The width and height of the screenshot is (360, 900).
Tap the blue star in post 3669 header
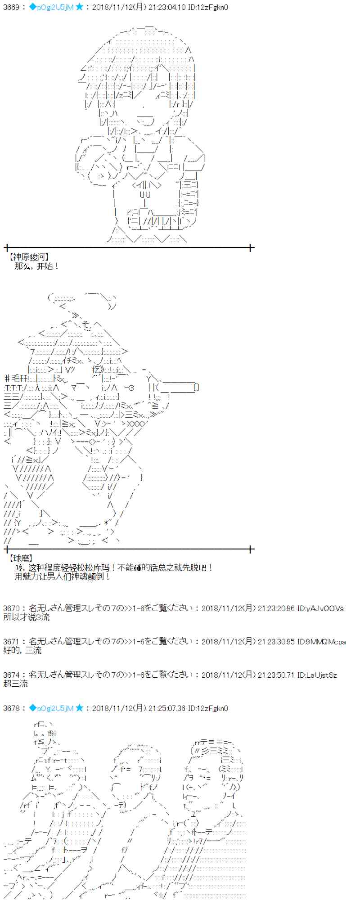click(x=79, y=7)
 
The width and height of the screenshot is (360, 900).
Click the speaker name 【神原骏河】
click(x=28, y=257)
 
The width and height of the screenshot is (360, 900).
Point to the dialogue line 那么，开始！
click(x=37, y=266)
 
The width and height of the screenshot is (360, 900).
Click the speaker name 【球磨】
click(x=21, y=558)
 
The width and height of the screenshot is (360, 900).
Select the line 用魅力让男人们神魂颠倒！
click(x=62, y=576)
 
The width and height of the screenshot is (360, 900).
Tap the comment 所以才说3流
click(x=27, y=617)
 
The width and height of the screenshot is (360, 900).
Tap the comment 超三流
click(x=15, y=684)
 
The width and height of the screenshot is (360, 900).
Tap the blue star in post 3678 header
click(x=79, y=708)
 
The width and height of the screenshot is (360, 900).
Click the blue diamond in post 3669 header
click(x=32, y=7)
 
